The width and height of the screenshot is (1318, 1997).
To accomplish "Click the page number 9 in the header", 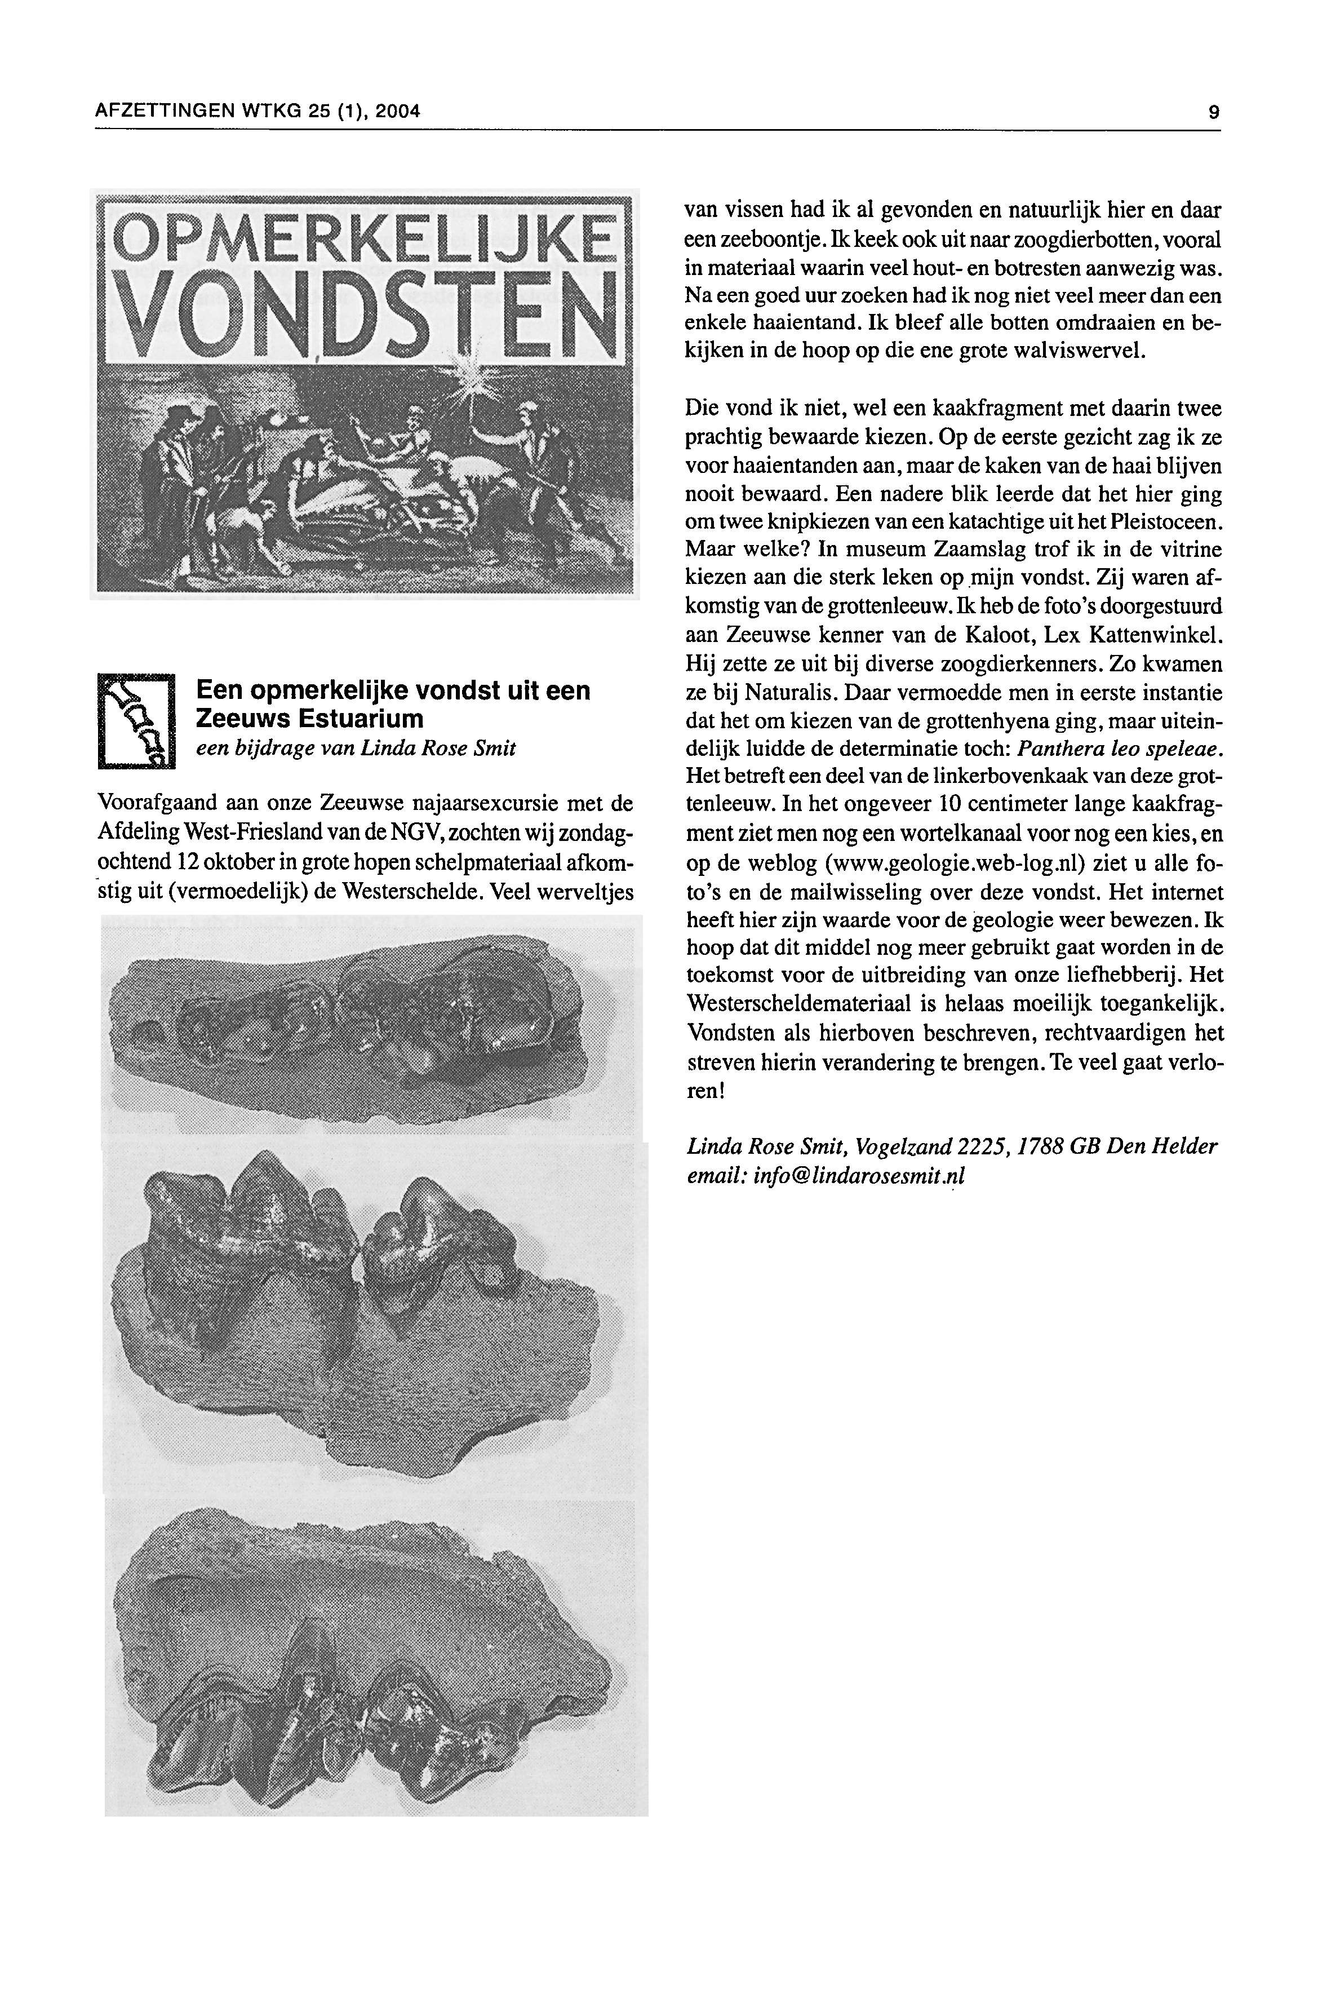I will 1213,111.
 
